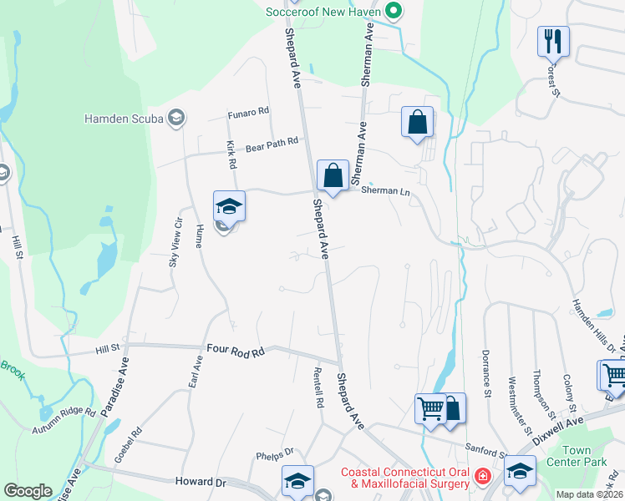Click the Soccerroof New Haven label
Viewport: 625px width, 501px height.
tap(323, 13)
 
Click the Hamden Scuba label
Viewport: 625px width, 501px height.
tap(124, 119)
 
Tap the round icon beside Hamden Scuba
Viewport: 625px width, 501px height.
tap(176, 119)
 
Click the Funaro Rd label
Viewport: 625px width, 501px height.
tap(248, 111)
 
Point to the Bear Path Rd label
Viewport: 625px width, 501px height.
tap(272, 143)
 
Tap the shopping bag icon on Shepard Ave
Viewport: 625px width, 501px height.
tap(333, 176)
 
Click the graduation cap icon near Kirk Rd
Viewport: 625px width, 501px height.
tap(229, 205)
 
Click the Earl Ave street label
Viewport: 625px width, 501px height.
tap(197, 372)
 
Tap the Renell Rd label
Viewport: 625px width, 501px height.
tap(318, 387)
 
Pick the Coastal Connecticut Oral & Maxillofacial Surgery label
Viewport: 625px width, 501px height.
tap(405, 478)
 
